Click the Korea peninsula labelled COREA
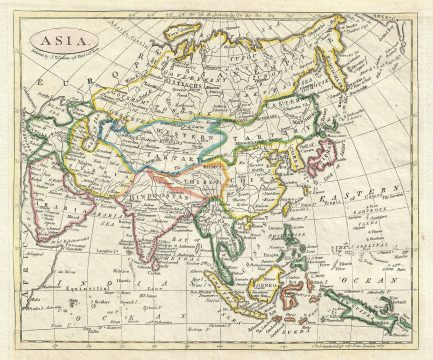(294, 160)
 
